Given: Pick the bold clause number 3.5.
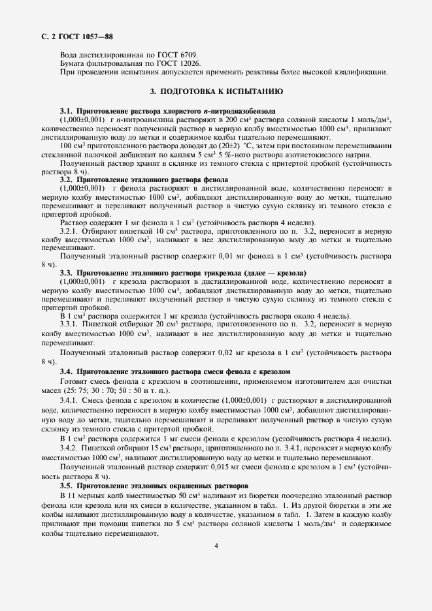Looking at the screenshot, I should (67, 486).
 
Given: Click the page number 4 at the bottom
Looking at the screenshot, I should (216, 546).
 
